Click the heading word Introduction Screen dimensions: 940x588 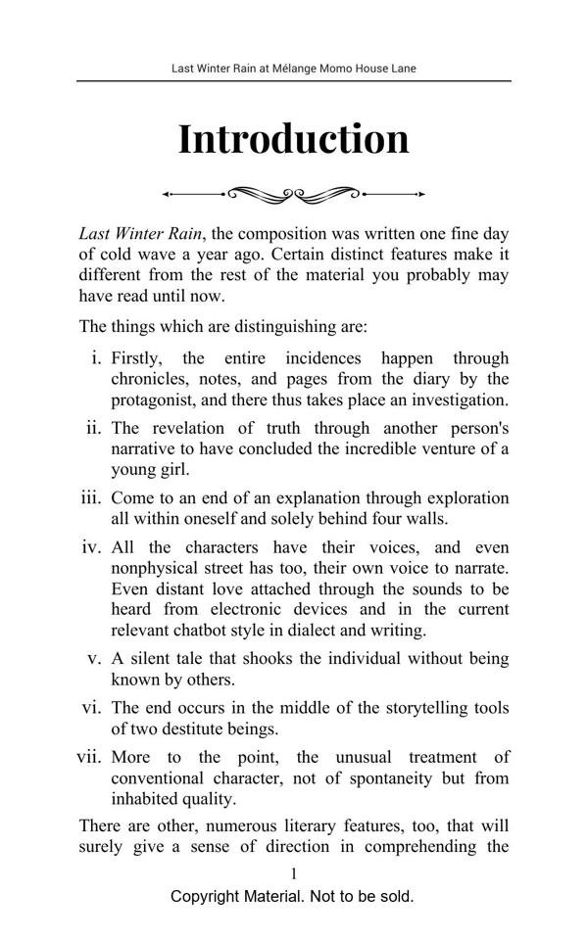coord(293,139)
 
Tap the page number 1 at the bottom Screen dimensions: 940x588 coord(293,873)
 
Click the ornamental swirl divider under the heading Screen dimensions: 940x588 coord(293,194)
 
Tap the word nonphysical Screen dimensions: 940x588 coord(158,569)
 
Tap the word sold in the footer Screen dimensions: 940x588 coord(396,896)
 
